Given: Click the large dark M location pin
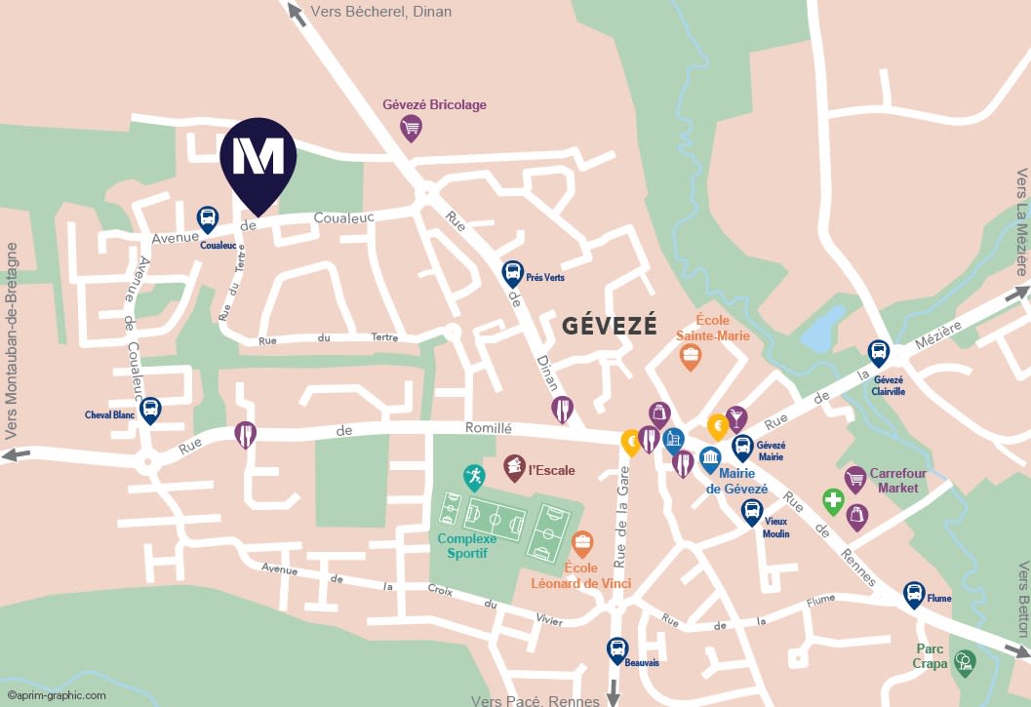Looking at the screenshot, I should click(x=258, y=159).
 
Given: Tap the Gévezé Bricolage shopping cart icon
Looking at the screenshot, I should click(x=412, y=127).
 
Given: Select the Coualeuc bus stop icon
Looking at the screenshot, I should click(x=208, y=218).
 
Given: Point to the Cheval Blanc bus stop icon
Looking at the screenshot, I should click(x=150, y=410).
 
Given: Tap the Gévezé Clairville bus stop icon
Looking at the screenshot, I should click(x=878, y=352).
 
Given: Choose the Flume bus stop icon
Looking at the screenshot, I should click(x=914, y=593).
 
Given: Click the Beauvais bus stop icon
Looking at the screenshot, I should click(x=617, y=648).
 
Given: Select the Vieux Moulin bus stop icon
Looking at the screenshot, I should click(x=751, y=511).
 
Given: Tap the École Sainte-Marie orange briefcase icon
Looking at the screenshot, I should click(x=691, y=356).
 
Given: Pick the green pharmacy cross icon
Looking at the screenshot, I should click(x=832, y=501).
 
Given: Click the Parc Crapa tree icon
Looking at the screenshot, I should click(x=965, y=662).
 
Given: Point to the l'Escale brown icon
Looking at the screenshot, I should click(x=514, y=467).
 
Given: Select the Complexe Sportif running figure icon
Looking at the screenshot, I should click(x=474, y=477).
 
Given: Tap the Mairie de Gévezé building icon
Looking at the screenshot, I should click(x=710, y=458).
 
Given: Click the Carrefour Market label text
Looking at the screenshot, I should click(x=897, y=480).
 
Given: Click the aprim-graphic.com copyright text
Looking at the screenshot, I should click(x=57, y=695).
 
